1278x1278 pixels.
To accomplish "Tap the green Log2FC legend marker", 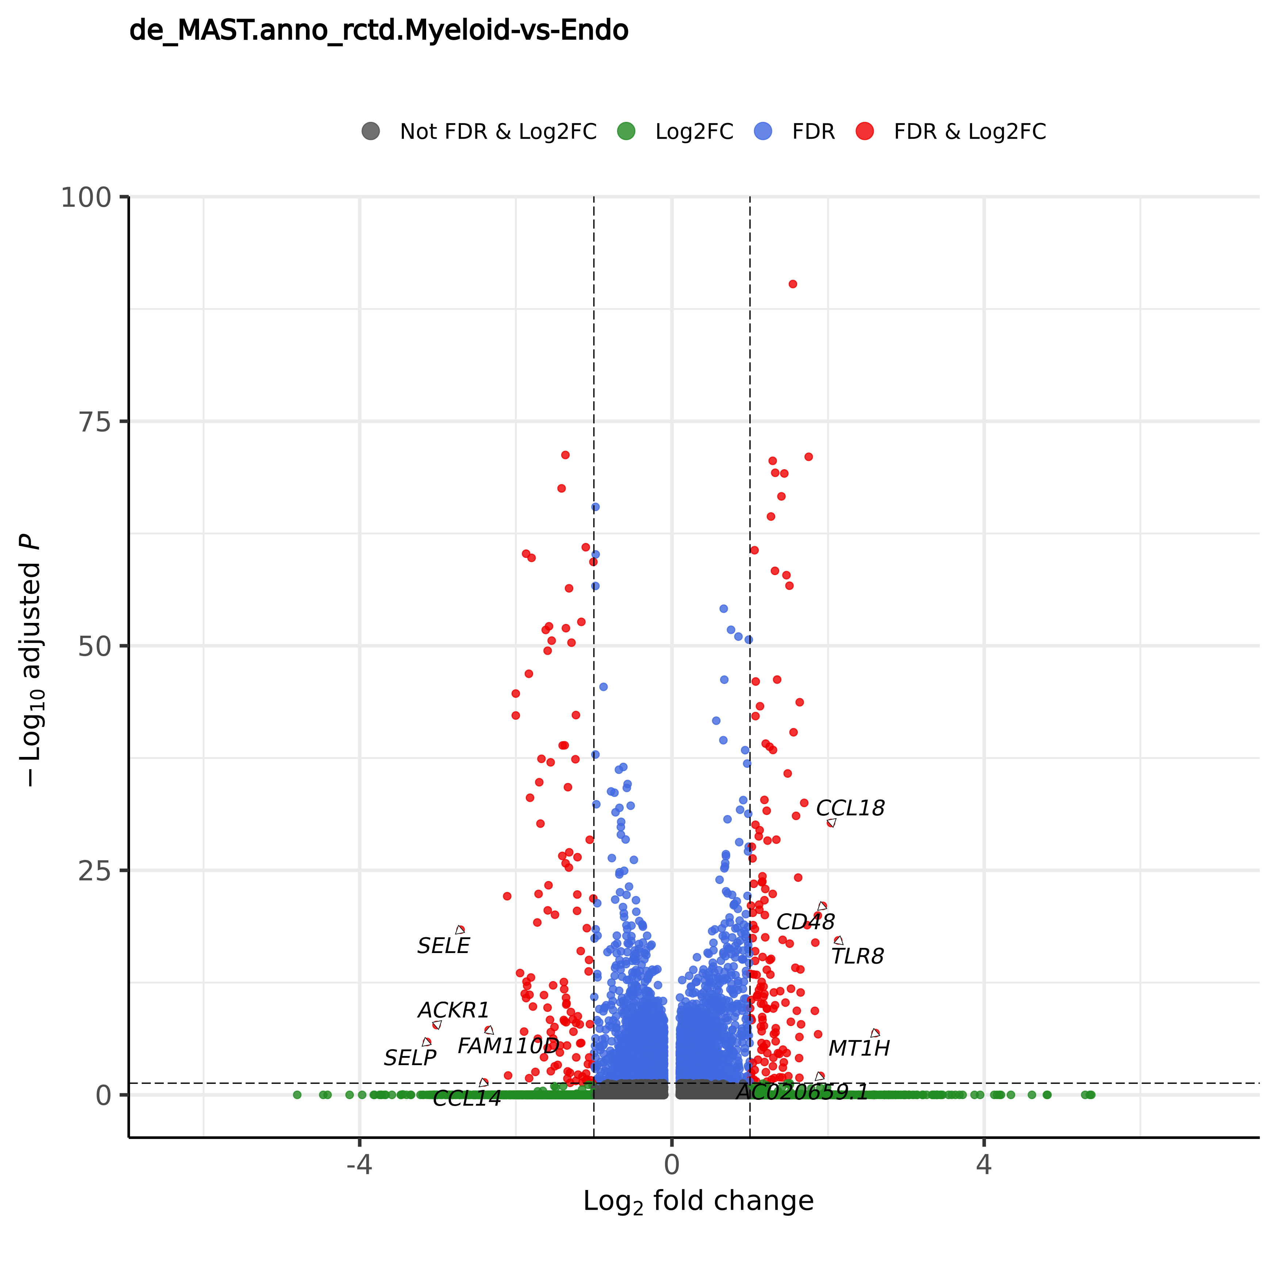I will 626,131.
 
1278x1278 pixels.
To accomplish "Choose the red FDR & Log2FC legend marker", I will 865,131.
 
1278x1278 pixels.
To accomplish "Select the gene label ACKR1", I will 454,1010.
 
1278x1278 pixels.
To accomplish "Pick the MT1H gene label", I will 859,1048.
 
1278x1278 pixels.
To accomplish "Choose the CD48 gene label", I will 805,922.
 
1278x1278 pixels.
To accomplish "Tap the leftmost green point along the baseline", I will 297,1095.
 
